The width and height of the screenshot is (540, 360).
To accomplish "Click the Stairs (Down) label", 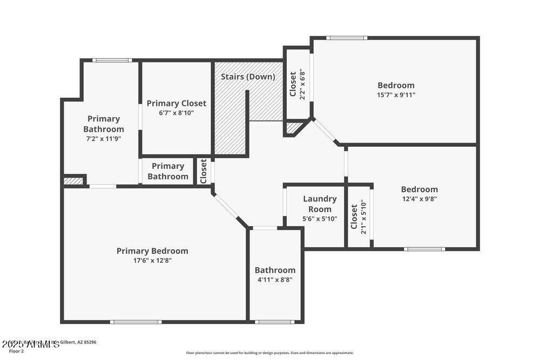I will click(248, 77).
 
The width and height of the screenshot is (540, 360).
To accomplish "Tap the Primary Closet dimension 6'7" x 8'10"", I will click(176, 113).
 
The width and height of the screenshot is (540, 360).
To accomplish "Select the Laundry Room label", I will click(320, 204).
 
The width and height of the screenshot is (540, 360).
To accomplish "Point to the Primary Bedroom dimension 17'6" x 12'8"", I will click(152, 260).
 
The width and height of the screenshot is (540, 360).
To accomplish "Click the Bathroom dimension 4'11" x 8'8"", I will click(275, 280).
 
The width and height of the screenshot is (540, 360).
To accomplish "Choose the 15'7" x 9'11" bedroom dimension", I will click(396, 95).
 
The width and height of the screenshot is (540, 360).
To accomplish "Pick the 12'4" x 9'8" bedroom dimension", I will click(419, 199).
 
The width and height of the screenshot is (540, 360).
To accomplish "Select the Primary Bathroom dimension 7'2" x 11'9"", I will click(103, 139).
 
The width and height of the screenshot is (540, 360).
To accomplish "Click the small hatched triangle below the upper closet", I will click(294, 128).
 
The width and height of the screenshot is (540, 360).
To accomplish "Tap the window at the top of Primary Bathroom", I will click(112, 60).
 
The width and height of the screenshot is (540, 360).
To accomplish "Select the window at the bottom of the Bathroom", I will click(275, 322).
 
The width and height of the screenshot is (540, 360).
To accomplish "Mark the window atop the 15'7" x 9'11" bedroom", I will click(347, 38).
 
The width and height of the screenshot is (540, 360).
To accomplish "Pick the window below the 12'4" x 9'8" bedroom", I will click(424, 249).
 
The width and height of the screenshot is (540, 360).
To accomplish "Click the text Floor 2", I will click(16, 351).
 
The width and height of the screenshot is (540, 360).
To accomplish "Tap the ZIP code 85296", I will click(90, 342).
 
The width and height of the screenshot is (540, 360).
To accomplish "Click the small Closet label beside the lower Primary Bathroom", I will click(204, 172).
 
